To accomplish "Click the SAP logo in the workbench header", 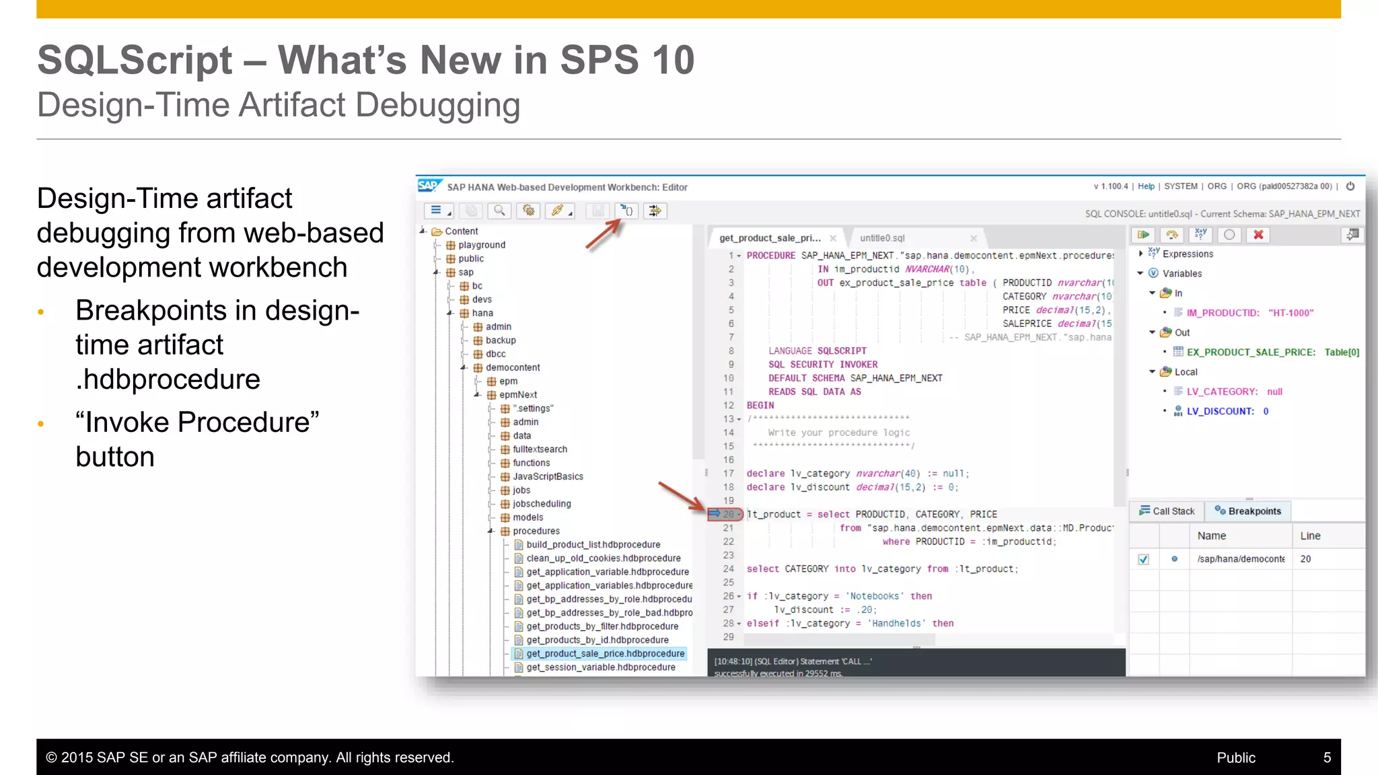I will tap(429, 186).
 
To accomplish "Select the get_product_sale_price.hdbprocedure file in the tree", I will tap(605, 653).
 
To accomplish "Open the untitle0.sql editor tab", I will tap(882, 238).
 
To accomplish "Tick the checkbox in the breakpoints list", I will tap(1143, 559).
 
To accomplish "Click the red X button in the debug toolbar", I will tap(1258, 235).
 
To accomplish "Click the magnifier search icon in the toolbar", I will tap(499, 211).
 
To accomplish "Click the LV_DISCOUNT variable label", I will tap(1220, 411).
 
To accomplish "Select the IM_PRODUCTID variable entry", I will tap(1223, 313).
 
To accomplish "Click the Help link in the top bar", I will tap(1146, 186).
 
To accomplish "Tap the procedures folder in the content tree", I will tap(536, 531).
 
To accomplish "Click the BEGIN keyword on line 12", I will tap(760, 406).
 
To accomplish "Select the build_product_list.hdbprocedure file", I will tap(593, 544).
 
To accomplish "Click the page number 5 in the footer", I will tap(1327, 758).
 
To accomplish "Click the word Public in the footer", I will tap(1236, 758).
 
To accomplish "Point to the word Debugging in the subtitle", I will tap(437, 106).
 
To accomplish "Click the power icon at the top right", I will tap(1350, 186).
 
